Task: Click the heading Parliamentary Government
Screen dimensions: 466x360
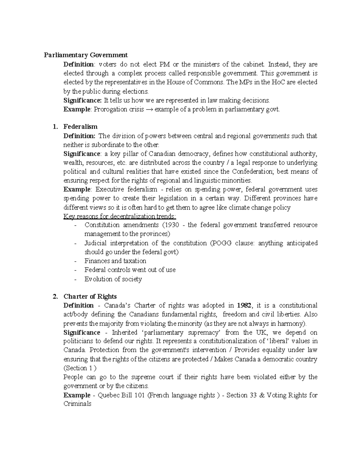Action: coord(86,55)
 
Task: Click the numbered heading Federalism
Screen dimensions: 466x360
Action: coord(80,127)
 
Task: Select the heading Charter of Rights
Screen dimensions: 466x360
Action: coord(90,296)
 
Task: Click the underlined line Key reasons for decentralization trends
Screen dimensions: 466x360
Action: coord(120,216)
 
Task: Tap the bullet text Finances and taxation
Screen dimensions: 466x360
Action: coord(115,261)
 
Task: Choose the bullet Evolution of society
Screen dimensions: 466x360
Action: coord(113,279)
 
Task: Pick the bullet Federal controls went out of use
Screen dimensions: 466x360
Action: coord(130,270)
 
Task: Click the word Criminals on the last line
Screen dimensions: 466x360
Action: coord(77,404)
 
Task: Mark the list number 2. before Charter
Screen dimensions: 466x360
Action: coord(55,296)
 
